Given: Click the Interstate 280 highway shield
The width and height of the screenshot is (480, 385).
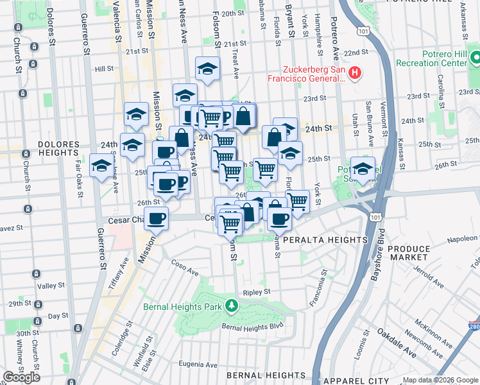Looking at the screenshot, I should [x=473, y=326].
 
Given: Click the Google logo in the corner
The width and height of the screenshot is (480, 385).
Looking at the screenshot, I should [x=21, y=377].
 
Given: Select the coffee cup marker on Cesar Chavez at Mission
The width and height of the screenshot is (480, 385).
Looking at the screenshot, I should [x=156, y=219].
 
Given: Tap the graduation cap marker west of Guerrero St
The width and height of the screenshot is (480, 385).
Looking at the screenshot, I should [x=101, y=166].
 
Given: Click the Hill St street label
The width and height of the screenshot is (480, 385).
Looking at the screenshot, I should [x=103, y=68].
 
